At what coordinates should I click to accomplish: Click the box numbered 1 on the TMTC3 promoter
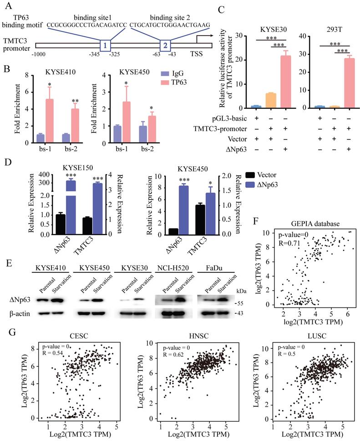point(106,46)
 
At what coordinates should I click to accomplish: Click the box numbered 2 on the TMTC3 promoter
point(166,46)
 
